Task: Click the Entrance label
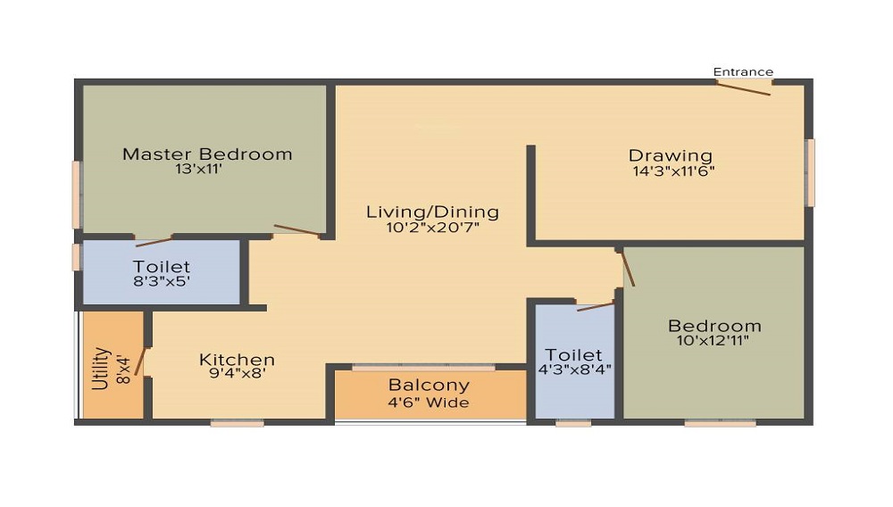click(743, 72)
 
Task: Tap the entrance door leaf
click(743, 88)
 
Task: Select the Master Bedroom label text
click(207, 154)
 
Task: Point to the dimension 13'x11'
click(198, 169)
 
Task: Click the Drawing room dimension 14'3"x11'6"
click(673, 171)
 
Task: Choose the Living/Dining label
click(433, 212)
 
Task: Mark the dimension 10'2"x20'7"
click(433, 228)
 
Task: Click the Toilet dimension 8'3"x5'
click(161, 281)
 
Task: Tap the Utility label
click(101, 368)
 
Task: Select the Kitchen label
click(237, 360)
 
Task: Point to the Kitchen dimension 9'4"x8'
click(238, 373)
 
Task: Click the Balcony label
click(429, 386)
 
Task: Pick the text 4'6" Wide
click(429, 403)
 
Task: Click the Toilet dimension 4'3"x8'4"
click(574, 370)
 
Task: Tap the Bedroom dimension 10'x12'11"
click(713, 341)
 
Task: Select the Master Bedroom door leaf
click(296, 230)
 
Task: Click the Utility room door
click(140, 362)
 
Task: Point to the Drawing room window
click(811, 172)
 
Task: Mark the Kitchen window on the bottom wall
click(237, 423)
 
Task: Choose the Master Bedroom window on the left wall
click(76, 195)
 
